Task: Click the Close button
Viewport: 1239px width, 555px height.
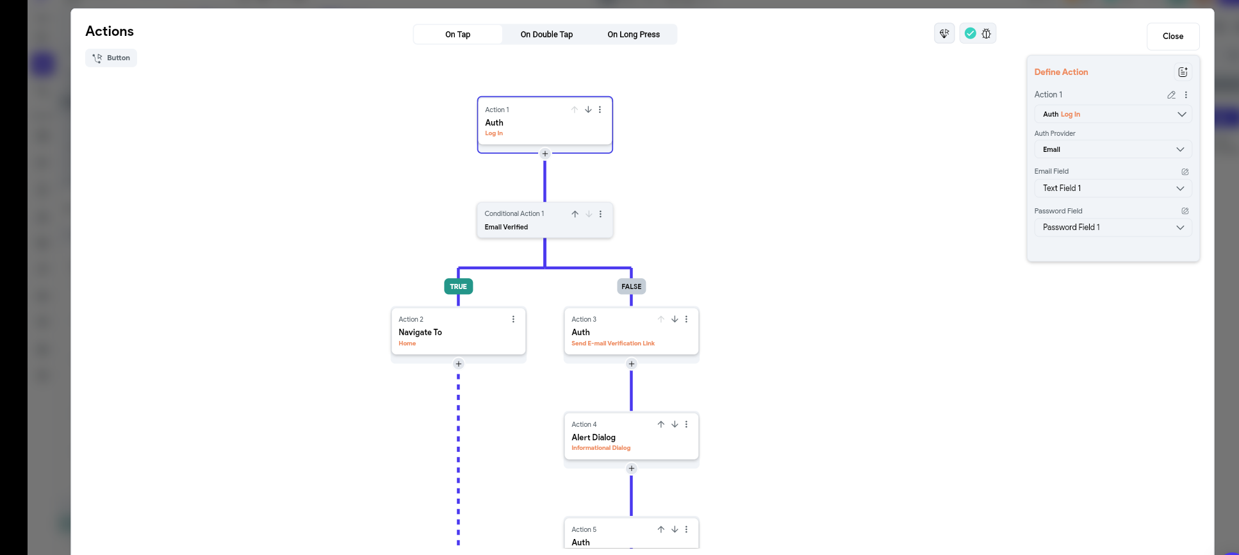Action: tap(1172, 37)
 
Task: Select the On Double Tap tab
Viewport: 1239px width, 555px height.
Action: tap(546, 35)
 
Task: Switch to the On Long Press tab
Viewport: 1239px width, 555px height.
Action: tap(633, 35)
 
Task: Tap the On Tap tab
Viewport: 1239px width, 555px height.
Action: tap(457, 35)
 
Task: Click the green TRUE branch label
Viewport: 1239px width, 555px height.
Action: tap(458, 286)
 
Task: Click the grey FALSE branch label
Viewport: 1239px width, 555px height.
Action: tap(631, 286)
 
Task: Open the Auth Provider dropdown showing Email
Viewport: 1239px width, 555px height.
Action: tap(1112, 149)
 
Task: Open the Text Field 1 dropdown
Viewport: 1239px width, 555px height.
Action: tap(1112, 188)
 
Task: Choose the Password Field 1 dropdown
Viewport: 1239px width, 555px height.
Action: tap(1112, 228)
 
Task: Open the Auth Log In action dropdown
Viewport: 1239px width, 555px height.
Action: tap(1112, 114)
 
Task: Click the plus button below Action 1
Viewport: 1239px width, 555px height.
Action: tap(545, 154)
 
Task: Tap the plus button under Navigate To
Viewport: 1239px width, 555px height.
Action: tap(458, 364)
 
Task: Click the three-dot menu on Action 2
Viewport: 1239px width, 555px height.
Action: tap(513, 319)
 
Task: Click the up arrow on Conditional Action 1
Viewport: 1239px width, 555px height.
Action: tap(575, 214)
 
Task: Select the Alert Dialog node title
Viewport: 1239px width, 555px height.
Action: tap(593, 437)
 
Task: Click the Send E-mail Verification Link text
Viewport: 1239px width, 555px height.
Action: tap(612, 344)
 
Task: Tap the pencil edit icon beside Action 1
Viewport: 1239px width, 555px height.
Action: tap(1171, 95)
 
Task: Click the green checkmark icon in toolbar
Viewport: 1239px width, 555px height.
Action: tap(970, 33)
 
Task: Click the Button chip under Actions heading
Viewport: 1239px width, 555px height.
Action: tap(111, 58)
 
